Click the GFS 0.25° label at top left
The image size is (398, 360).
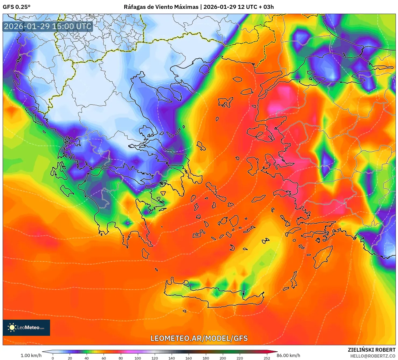(16, 7)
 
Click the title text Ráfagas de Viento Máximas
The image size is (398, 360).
(161, 7)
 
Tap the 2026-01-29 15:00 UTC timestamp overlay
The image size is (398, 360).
(48, 26)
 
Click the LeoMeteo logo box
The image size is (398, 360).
(26, 327)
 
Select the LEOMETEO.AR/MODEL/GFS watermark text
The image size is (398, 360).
(199, 338)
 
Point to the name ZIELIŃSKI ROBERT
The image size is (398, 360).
(371, 350)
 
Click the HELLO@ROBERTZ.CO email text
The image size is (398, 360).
(373, 356)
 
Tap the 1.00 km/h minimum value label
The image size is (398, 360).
(31, 355)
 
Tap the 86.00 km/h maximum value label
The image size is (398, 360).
(288, 355)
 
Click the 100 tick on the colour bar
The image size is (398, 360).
(138, 358)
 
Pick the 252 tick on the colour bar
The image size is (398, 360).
(267, 358)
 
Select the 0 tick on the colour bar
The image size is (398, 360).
(53, 358)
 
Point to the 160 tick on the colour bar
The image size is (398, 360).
(189, 358)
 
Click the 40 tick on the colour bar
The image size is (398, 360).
(87, 358)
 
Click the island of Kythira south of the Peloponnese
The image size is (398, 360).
(146, 254)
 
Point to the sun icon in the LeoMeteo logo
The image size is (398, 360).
(12, 327)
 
